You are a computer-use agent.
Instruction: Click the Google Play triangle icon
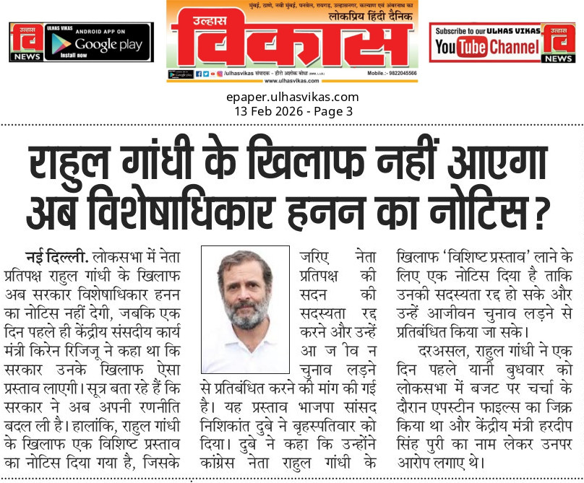click(61, 45)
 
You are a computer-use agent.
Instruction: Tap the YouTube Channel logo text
click(488, 47)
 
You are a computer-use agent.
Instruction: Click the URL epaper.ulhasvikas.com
click(293, 97)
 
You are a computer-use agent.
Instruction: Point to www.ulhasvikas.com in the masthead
click(292, 82)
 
